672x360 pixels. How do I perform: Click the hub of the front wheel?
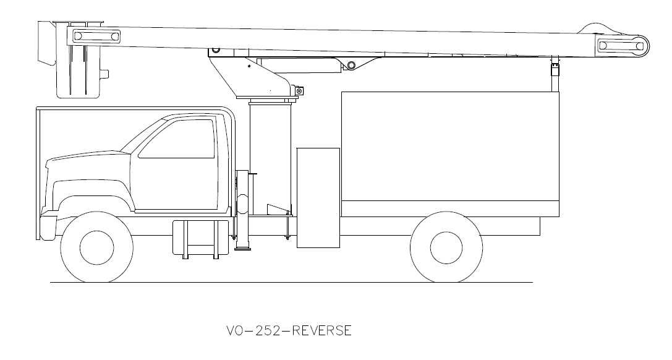[x=96, y=247]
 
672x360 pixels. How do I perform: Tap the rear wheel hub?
[x=446, y=247]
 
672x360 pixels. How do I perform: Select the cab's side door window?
[x=177, y=140]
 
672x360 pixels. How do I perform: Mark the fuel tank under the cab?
[x=195, y=238]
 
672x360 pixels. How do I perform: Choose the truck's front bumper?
[x=47, y=226]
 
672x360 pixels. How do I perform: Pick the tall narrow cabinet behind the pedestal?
[x=318, y=197]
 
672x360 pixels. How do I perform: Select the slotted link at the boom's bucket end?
[x=96, y=36]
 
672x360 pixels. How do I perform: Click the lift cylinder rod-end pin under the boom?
[x=351, y=65]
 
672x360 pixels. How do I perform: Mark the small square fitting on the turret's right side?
[x=299, y=91]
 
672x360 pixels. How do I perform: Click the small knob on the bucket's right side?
[x=105, y=74]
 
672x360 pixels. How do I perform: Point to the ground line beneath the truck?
[x=291, y=283]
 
